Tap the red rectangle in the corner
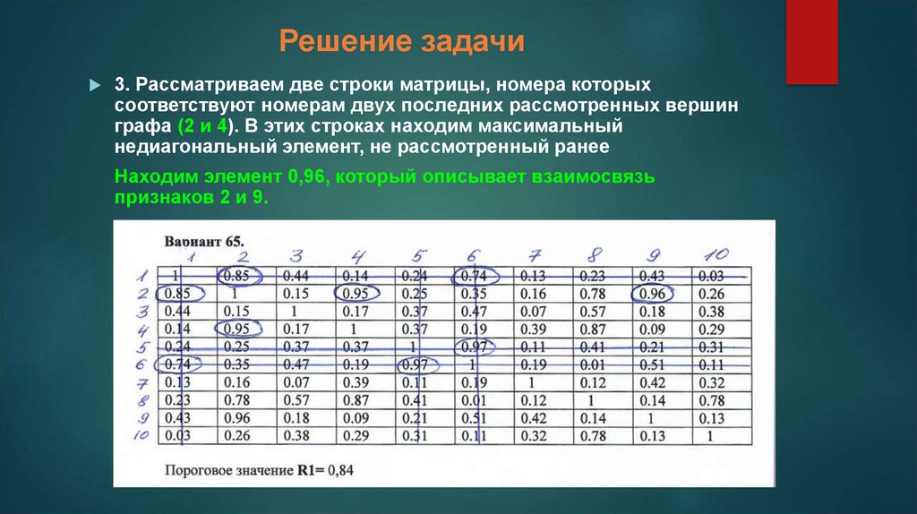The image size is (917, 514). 811,40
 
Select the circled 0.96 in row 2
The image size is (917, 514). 655,293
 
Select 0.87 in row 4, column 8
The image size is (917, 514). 593,329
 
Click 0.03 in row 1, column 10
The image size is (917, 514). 711,276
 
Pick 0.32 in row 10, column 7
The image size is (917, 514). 535,436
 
